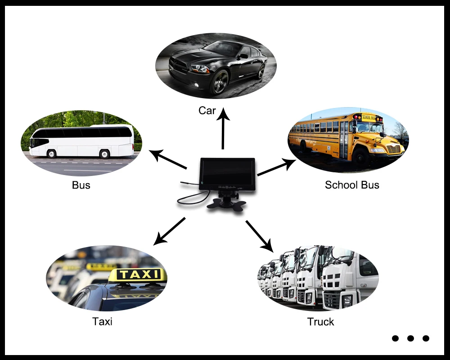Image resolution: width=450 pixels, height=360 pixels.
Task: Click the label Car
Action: tap(207, 111)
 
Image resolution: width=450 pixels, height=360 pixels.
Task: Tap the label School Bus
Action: tap(352, 185)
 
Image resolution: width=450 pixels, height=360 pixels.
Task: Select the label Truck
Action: tap(321, 322)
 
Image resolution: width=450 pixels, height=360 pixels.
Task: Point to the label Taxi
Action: tap(102, 322)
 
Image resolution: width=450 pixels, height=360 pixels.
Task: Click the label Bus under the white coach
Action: tap(81, 185)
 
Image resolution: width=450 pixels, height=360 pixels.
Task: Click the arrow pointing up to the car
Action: tap(223, 130)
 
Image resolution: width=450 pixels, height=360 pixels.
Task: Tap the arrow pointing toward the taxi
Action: tap(169, 231)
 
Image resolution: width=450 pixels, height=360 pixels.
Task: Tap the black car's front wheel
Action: tap(220, 82)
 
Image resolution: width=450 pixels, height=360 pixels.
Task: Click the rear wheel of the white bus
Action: tap(105, 154)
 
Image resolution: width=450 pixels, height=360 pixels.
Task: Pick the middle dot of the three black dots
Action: tap(410, 338)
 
